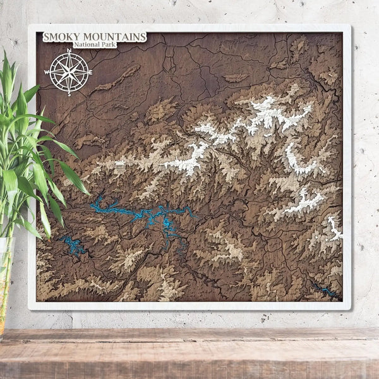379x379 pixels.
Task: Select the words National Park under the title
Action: [x=94, y=45]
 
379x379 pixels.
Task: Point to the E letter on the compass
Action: [x=90, y=72]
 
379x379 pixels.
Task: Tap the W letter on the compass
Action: [x=47, y=72]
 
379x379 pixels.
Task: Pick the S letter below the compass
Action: [x=69, y=93]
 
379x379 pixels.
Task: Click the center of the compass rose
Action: [x=69, y=72]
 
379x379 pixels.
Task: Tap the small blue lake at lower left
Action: [x=73, y=245]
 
